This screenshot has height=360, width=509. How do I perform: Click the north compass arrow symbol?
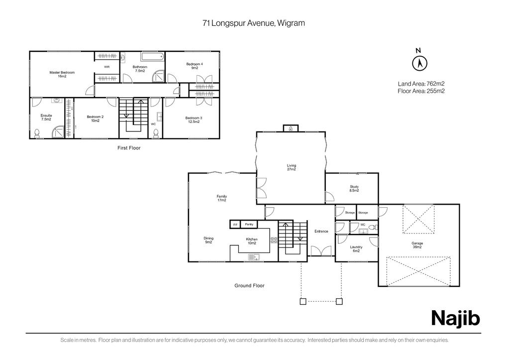[x=419, y=63]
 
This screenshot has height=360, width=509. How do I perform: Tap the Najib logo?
[x=455, y=318]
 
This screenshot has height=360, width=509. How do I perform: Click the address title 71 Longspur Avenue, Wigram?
[x=254, y=23]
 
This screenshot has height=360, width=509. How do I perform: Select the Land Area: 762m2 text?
[x=421, y=84]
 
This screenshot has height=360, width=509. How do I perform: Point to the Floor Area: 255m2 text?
[x=421, y=91]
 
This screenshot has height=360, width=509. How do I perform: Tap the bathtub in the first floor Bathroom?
[x=153, y=57]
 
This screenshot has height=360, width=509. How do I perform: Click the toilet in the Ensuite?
[x=37, y=133]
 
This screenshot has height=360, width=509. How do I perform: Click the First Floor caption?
[x=129, y=148]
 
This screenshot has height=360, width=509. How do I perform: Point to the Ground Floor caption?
[x=249, y=286]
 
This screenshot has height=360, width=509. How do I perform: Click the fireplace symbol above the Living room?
[x=291, y=128]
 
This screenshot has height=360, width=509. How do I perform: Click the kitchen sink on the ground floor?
[x=254, y=257]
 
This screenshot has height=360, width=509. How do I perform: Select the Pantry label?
[x=249, y=224]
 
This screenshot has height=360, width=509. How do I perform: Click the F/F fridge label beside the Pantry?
[x=235, y=225]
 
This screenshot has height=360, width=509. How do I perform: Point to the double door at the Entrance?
[x=321, y=251]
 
